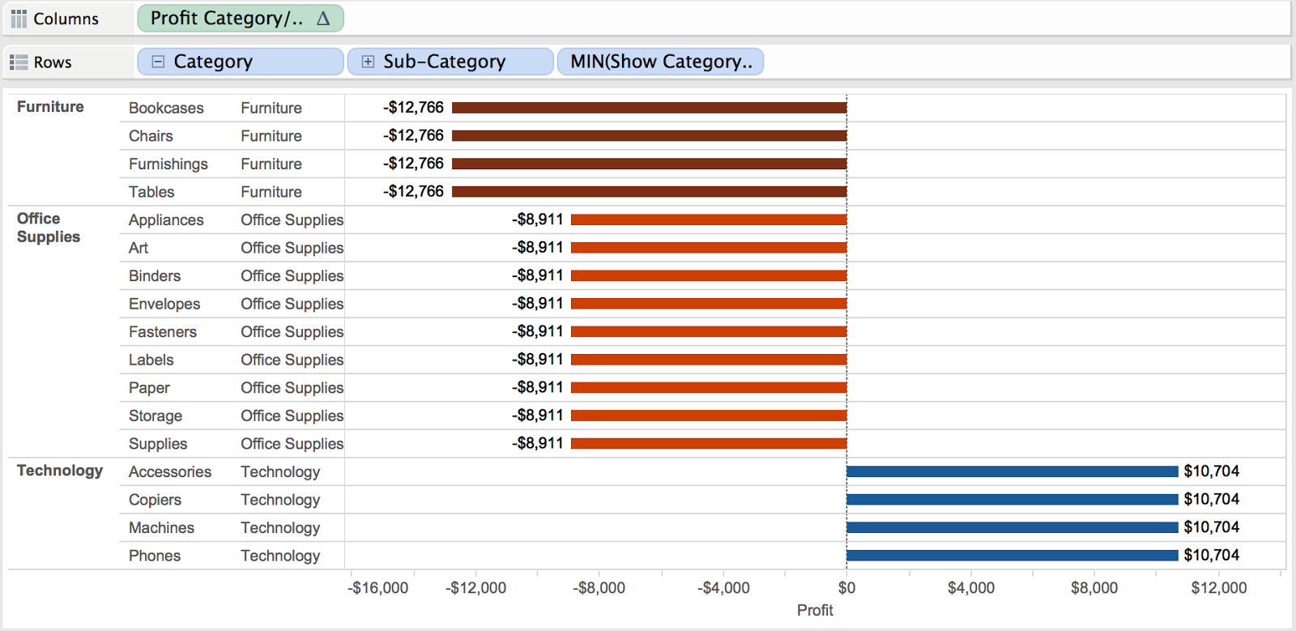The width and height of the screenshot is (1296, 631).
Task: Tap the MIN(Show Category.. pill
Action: point(660,62)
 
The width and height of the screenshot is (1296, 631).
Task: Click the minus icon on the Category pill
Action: point(159,62)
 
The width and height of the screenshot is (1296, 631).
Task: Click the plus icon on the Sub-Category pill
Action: point(368,62)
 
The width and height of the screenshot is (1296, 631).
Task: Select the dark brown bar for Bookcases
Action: point(648,108)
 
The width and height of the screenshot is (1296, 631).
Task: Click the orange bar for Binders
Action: point(709,275)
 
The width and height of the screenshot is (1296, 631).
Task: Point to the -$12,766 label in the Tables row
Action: point(414,191)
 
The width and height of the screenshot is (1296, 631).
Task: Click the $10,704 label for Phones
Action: point(1211,555)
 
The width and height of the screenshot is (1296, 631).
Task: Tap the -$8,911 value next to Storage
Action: point(538,416)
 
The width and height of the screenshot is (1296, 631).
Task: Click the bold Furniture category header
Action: point(50,107)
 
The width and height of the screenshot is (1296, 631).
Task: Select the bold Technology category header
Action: point(60,471)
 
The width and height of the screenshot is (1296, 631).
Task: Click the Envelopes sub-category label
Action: point(164,304)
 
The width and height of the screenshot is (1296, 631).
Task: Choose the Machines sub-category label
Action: point(161,528)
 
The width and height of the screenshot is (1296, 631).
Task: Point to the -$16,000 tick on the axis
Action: point(378,588)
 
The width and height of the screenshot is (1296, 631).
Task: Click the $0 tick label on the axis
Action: point(846,588)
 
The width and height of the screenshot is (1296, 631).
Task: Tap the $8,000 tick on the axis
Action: point(1093,588)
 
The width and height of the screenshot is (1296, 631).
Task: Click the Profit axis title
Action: point(815,610)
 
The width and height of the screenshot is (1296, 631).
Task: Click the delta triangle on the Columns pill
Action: point(323,19)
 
